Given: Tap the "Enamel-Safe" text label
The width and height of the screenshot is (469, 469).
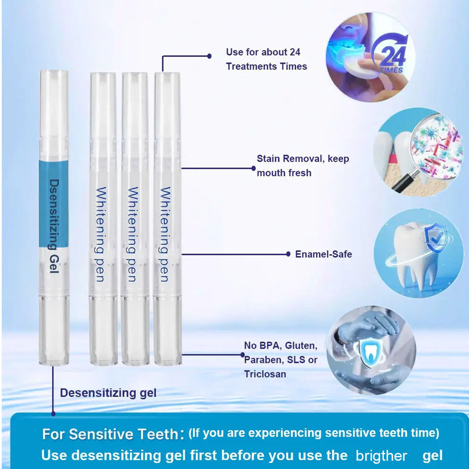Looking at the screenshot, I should click(x=324, y=254).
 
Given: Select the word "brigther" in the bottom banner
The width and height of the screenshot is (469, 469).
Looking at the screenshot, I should click(x=381, y=456).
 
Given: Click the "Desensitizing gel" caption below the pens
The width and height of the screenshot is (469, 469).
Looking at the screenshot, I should click(x=108, y=393).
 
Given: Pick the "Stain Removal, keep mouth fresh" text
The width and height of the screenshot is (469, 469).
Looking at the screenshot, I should click(x=303, y=165).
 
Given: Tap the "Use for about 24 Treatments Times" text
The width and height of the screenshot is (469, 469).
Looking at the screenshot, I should click(x=266, y=59).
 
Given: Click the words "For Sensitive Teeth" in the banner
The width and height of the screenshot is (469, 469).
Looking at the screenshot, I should click(x=111, y=434).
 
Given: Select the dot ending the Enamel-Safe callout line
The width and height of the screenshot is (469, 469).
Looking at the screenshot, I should click(x=288, y=254).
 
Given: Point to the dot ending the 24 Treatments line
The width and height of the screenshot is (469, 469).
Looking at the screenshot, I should click(x=209, y=56).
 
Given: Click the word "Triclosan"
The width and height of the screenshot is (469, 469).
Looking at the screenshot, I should click(x=265, y=374).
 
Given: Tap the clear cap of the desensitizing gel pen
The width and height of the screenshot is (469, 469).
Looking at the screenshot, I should click(x=54, y=113).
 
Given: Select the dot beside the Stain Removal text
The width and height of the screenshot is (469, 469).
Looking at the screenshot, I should click(x=254, y=168).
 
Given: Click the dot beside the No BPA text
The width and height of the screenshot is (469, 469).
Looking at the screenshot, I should click(x=243, y=355).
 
